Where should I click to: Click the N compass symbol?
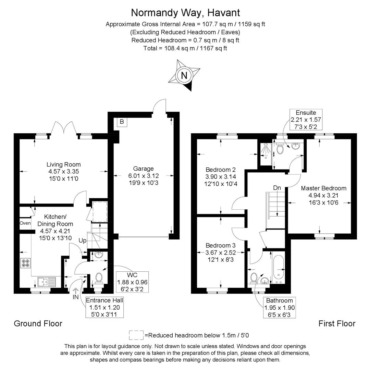(x=184, y=75)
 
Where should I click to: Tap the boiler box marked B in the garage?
(x=122, y=122)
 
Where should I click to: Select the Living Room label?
(x=64, y=164)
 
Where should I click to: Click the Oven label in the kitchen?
(x=25, y=223)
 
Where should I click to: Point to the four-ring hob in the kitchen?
(x=25, y=263)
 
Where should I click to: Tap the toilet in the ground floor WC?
(x=99, y=277)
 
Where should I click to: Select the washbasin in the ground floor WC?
(x=99, y=255)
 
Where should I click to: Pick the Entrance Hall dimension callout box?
(x=104, y=307)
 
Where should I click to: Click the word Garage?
(x=144, y=169)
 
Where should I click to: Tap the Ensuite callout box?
(x=306, y=120)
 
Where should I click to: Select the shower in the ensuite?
(x=264, y=151)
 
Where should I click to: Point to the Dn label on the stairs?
(x=277, y=188)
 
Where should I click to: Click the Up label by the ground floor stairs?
(x=83, y=241)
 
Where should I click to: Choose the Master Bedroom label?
(x=323, y=188)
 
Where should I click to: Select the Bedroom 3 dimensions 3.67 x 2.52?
(x=221, y=253)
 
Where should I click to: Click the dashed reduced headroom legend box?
(x=136, y=335)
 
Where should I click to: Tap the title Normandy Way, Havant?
(x=185, y=13)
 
